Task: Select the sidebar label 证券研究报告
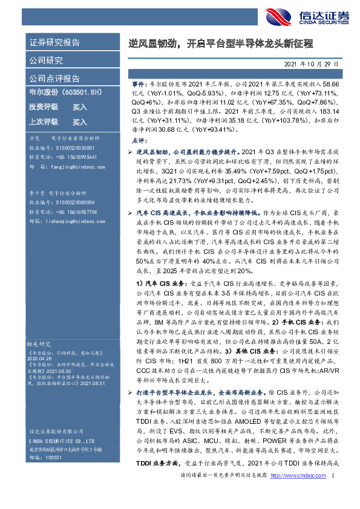point(54,43)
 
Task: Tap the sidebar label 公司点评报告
point(54,79)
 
